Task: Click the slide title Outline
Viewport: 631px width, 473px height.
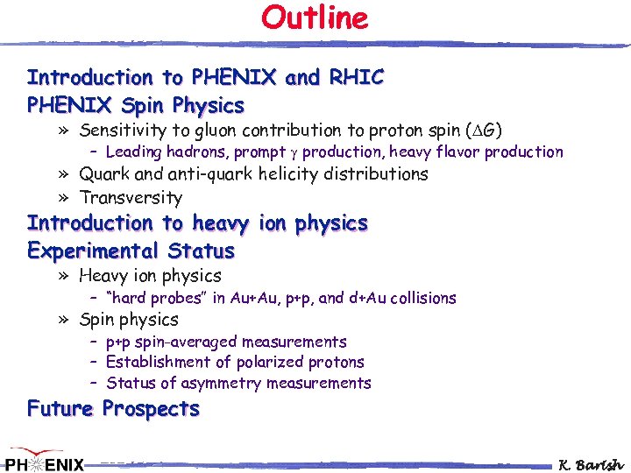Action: [315, 18]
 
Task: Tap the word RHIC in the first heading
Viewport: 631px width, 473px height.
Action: [356, 77]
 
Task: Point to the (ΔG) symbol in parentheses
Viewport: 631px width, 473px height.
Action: [483, 131]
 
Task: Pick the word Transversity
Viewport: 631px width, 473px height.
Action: [131, 198]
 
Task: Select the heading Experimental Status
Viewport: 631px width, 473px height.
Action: [131, 251]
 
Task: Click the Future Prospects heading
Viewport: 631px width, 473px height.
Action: [113, 409]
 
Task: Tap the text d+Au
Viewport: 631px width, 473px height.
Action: [371, 298]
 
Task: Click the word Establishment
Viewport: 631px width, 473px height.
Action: [165, 362]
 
